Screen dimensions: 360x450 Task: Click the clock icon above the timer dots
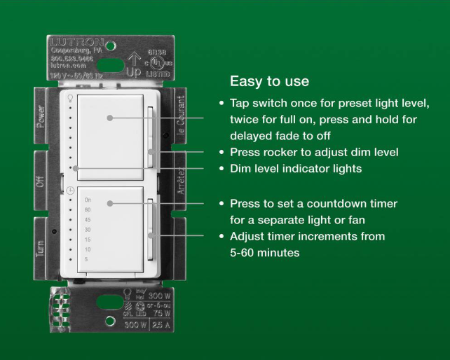pyautogui.click(x=71, y=191)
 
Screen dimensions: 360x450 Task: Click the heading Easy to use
pyautogui.click(x=269, y=81)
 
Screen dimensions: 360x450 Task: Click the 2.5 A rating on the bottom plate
pyautogui.click(x=161, y=326)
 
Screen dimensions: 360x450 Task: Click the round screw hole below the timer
pyautogui.click(x=110, y=320)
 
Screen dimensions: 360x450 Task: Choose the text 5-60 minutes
pyautogui.click(x=265, y=252)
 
